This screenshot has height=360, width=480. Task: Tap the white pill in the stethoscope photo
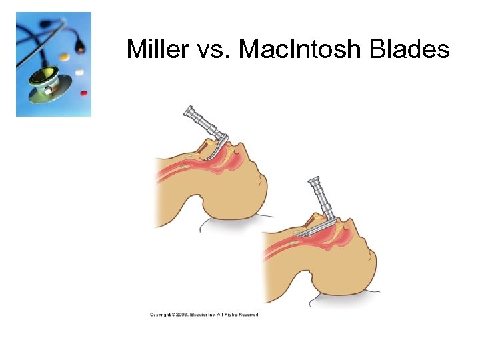coord(79,71)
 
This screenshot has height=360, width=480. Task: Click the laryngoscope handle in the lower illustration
coord(321,199)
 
